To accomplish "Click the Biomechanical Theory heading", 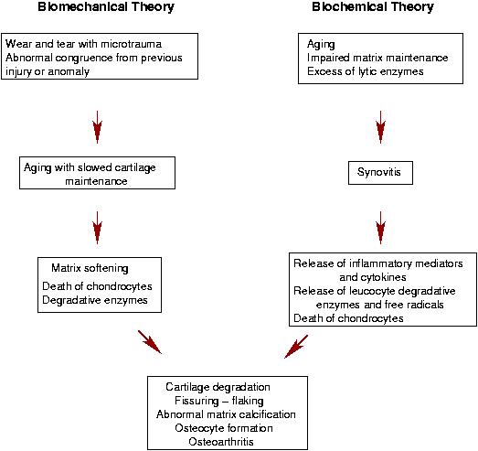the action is click(x=106, y=6).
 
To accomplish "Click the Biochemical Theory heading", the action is click(x=373, y=6).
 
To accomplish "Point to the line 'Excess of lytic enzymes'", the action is click(x=366, y=71).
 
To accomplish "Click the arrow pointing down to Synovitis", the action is click(x=380, y=127).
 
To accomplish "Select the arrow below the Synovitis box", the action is click(x=380, y=228).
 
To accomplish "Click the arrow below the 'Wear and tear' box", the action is click(x=97, y=127).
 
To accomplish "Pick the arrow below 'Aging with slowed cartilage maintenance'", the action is click(x=97, y=228).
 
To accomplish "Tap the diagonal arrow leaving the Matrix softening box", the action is click(x=150, y=342).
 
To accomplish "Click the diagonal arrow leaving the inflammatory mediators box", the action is click(x=296, y=347).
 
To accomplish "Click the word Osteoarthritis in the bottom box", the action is click(x=221, y=442).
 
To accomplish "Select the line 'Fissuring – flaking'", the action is click(x=219, y=401).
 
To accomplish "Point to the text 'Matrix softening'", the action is click(x=90, y=268).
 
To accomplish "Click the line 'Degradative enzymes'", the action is click(x=95, y=300).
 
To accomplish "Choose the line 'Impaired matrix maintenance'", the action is click(x=377, y=58).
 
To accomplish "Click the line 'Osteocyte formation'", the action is click(x=224, y=428).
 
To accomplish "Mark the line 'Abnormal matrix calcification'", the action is click(x=226, y=414).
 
